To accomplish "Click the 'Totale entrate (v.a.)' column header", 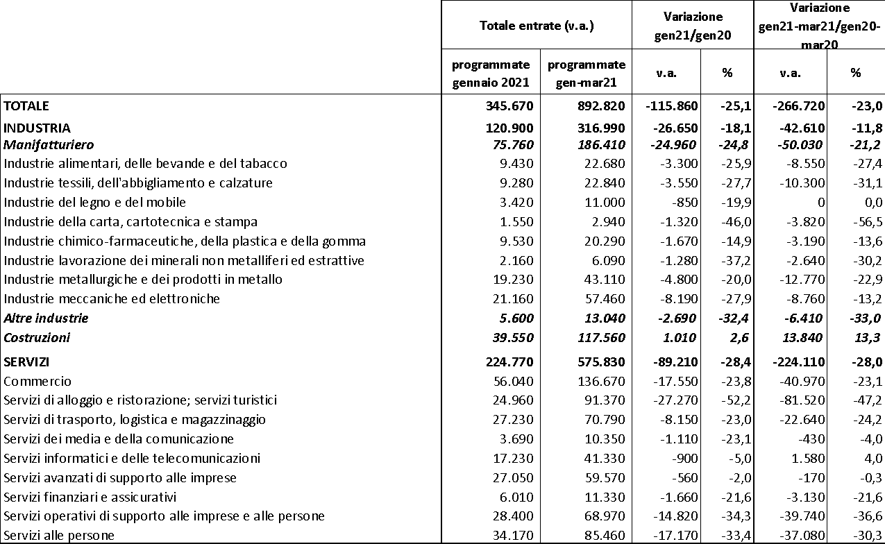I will (537, 26).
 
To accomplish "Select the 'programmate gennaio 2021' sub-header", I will (491, 73).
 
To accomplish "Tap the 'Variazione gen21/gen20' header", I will (692, 26).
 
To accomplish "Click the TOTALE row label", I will (27, 106).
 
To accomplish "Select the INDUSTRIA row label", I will (37, 128).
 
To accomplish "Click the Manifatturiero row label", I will (49, 145).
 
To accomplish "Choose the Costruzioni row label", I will (37, 338).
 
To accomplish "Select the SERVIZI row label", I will (27, 362).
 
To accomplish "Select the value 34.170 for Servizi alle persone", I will (513, 536).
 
